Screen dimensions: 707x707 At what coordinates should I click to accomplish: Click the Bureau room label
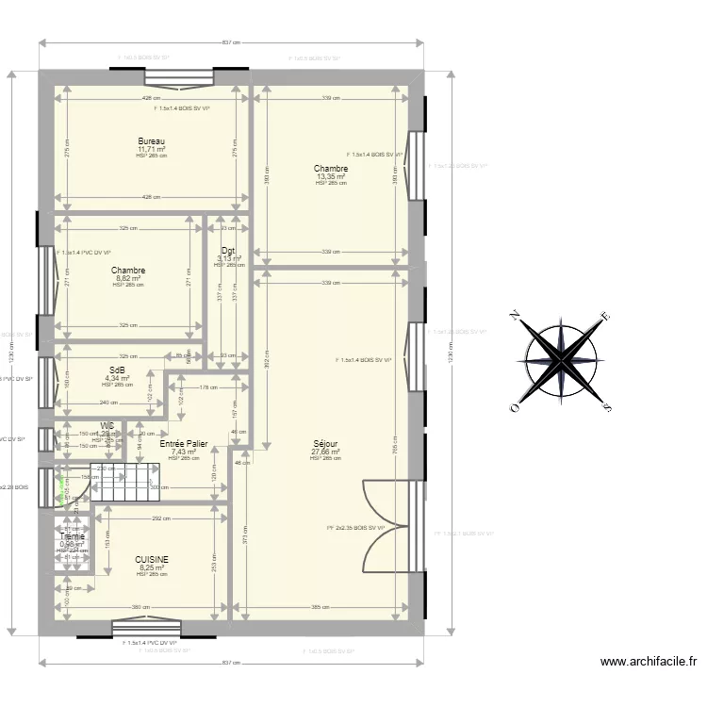tap(151, 141)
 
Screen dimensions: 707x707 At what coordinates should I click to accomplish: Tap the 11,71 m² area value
tap(151, 149)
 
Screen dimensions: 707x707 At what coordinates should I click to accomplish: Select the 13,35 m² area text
tap(331, 176)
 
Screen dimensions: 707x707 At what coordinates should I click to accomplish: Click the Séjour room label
tap(326, 444)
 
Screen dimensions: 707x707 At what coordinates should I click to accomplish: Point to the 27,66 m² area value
tap(325, 452)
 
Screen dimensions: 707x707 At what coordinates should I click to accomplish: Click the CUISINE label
tap(152, 559)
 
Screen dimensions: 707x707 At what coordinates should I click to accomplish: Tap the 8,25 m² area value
tap(152, 567)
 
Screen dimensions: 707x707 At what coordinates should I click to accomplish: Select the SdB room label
tap(118, 370)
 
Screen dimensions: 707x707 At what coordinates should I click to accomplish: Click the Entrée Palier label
tap(184, 443)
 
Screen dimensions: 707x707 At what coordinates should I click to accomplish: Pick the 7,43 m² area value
tap(184, 452)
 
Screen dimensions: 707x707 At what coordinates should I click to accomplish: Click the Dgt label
tap(228, 251)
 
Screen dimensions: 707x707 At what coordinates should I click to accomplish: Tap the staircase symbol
tap(122, 483)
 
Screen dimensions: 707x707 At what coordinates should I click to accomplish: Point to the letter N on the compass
tap(515, 315)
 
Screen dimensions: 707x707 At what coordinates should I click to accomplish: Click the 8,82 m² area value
tap(128, 278)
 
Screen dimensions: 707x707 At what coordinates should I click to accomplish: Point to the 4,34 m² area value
tap(118, 378)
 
